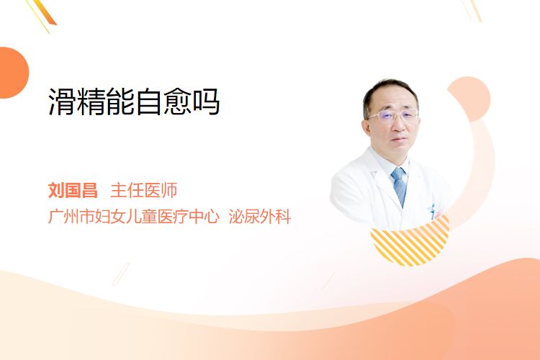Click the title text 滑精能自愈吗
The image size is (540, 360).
(134, 102)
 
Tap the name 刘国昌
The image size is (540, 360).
(73, 190)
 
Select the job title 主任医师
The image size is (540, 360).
(144, 190)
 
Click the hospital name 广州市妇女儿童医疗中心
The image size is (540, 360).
(134, 216)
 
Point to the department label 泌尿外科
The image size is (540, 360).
(260, 216)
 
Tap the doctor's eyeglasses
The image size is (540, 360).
(394, 115)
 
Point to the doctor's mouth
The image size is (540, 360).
(399, 140)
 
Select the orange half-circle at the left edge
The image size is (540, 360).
(13, 73)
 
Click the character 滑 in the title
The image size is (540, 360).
(62, 102)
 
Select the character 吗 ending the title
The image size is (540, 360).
(206, 102)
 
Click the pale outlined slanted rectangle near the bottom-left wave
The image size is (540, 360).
(121, 274)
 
